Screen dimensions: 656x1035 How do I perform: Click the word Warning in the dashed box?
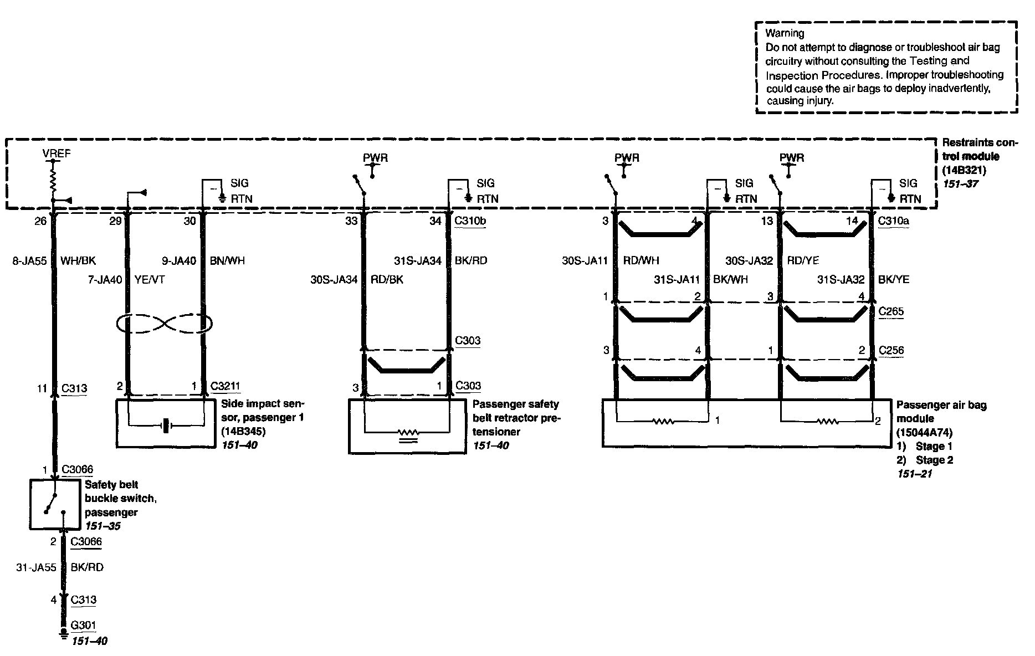pyautogui.click(x=785, y=33)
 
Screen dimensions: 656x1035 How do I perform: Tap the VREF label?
pyautogui.click(x=57, y=153)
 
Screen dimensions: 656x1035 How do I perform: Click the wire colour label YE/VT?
pyautogui.click(x=150, y=280)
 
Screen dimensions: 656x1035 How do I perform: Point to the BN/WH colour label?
pyautogui.click(x=227, y=260)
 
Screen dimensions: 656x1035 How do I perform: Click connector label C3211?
pyautogui.click(x=226, y=386)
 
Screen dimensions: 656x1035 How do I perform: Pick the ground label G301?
pyautogui.click(x=84, y=626)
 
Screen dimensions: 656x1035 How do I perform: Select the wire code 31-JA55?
pyautogui.click(x=37, y=567)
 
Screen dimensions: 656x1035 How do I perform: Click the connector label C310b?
pyautogui.click(x=470, y=221)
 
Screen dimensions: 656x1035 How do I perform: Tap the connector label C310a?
pyautogui.click(x=894, y=221)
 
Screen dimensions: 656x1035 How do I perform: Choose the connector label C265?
pyautogui.click(x=891, y=311)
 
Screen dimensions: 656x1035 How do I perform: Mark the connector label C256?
pyautogui.click(x=891, y=350)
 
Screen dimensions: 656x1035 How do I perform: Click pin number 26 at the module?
pyautogui.click(x=40, y=221)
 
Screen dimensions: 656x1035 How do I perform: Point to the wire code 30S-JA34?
pyautogui.click(x=334, y=280)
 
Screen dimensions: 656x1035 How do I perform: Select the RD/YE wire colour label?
pyautogui.click(x=803, y=260)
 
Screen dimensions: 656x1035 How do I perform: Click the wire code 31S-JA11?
pyautogui.click(x=677, y=280)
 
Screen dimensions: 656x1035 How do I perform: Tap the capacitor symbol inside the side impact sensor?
pyautogui.click(x=166, y=426)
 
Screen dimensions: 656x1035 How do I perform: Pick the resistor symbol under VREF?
pyautogui.click(x=54, y=178)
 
